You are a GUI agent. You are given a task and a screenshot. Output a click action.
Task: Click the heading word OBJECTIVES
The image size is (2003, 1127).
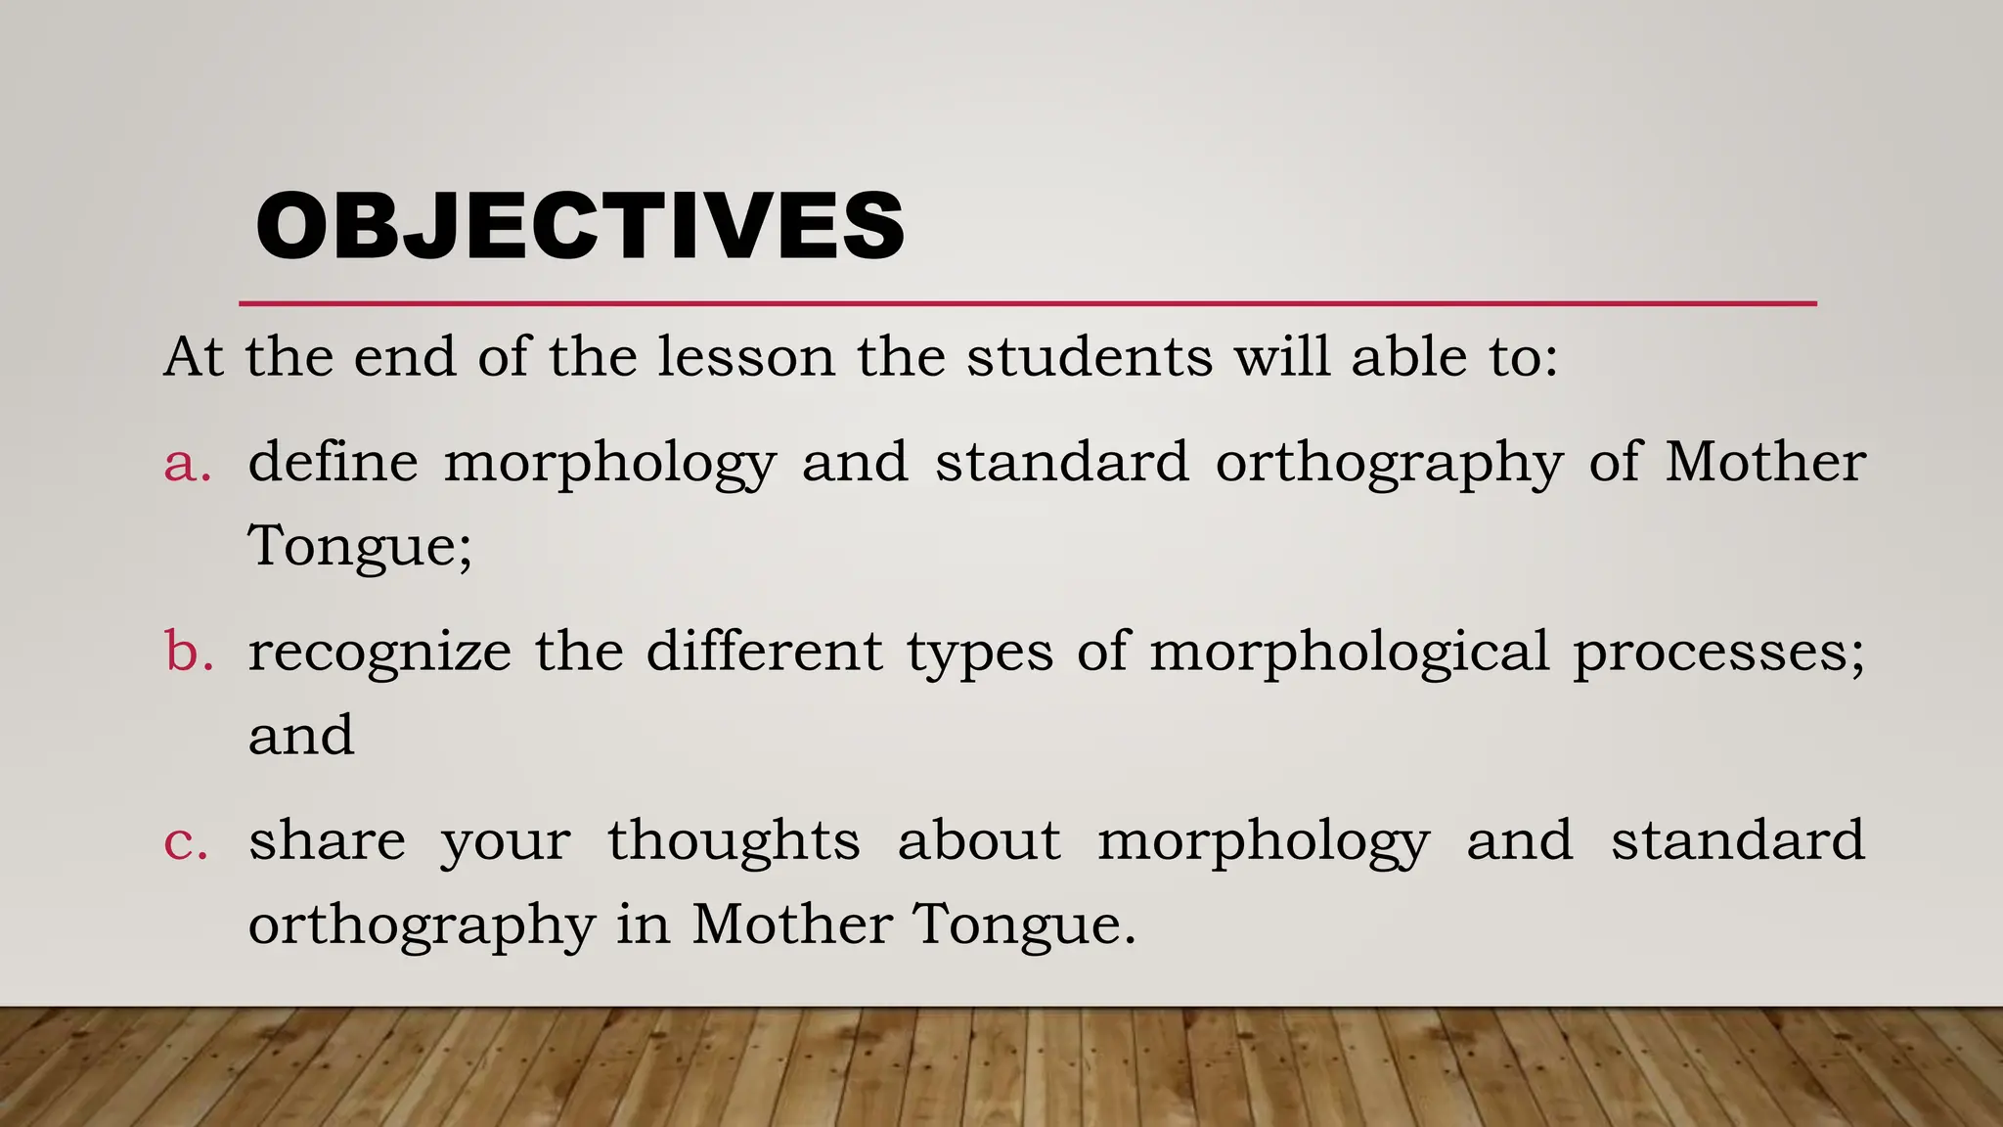[x=579, y=227]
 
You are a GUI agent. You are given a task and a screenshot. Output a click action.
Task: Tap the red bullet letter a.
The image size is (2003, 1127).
[x=187, y=464]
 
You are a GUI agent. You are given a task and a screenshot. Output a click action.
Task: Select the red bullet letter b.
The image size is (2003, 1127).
[x=189, y=652]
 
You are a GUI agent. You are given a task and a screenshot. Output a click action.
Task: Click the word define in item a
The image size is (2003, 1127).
[x=333, y=462]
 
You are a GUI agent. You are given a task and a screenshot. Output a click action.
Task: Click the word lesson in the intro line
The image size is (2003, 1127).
[x=746, y=356]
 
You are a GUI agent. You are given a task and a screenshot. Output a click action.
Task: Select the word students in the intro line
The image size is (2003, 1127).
[x=1090, y=356]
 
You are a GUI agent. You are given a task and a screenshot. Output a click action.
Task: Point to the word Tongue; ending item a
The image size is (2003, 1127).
[x=360, y=546]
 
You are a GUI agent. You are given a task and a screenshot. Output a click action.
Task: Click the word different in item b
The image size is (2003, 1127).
[x=765, y=652]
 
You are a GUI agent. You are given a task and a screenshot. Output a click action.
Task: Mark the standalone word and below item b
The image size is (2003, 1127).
[x=301, y=736]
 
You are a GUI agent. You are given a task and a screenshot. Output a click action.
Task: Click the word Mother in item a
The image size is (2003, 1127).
[x=1765, y=462]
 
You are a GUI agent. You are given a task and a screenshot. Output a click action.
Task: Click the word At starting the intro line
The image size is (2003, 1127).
[x=194, y=356]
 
